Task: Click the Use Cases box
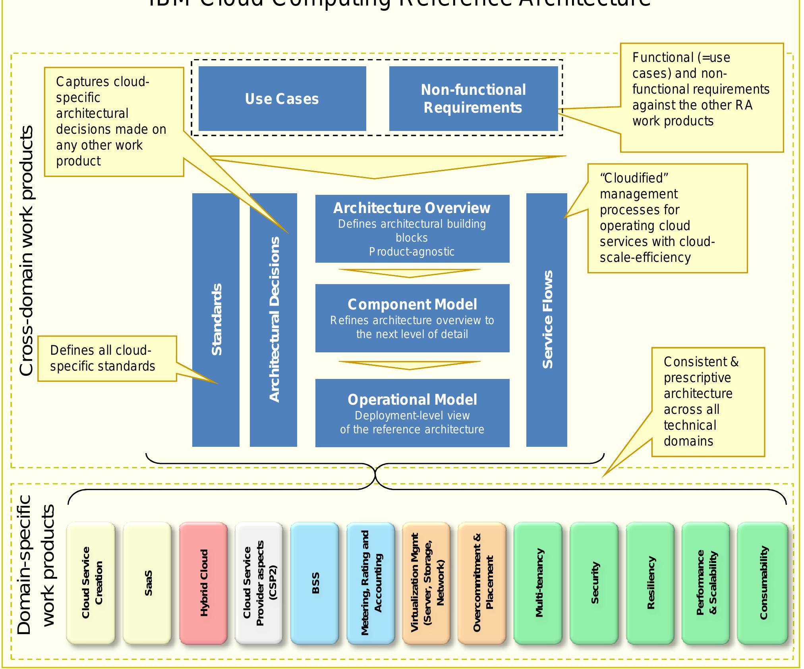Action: click(x=282, y=99)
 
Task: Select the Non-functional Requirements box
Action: click(x=473, y=99)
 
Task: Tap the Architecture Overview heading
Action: click(x=412, y=208)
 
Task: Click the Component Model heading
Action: click(x=412, y=304)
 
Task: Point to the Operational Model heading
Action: click(x=412, y=400)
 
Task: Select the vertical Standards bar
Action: click(x=216, y=320)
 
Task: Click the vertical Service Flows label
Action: click(x=547, y=320)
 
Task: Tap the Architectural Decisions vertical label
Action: click(x=274, y=320)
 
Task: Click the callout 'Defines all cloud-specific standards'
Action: click(x=102, y=358)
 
